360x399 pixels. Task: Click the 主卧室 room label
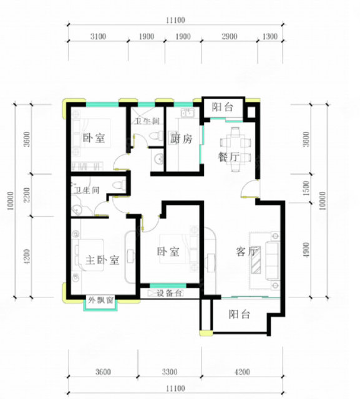click(x=102, y=260)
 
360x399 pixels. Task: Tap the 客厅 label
click(x=246, y=252)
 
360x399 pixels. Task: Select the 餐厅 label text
click(x=228, y=156)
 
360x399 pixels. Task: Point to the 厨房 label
click(x=182, y=138)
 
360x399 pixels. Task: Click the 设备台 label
click(x=169, y=293)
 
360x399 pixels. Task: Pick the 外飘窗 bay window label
click(x=101, y=300)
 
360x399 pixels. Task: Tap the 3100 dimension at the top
click(x=98, y=36)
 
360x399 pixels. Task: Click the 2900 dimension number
click(x=230, y=36)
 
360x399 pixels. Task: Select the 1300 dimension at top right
click(x=270, y=36)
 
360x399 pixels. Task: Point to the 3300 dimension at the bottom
click(x=170, y=372)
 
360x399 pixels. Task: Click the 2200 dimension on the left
click(x=27, y=195)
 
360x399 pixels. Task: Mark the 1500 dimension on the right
click(x=306, y=188)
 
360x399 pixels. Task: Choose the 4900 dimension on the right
click(x=306, y=249)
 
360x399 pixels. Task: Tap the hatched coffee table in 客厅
click(x=256, y=261)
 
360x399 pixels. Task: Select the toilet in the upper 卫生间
click(x=157, y=135)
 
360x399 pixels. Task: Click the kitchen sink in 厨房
click(x=188, y=112)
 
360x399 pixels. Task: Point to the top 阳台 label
click(x=223, y=107)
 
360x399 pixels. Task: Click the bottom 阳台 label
click(x=240, y=314)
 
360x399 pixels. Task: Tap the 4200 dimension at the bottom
click(x=242, y=372)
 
